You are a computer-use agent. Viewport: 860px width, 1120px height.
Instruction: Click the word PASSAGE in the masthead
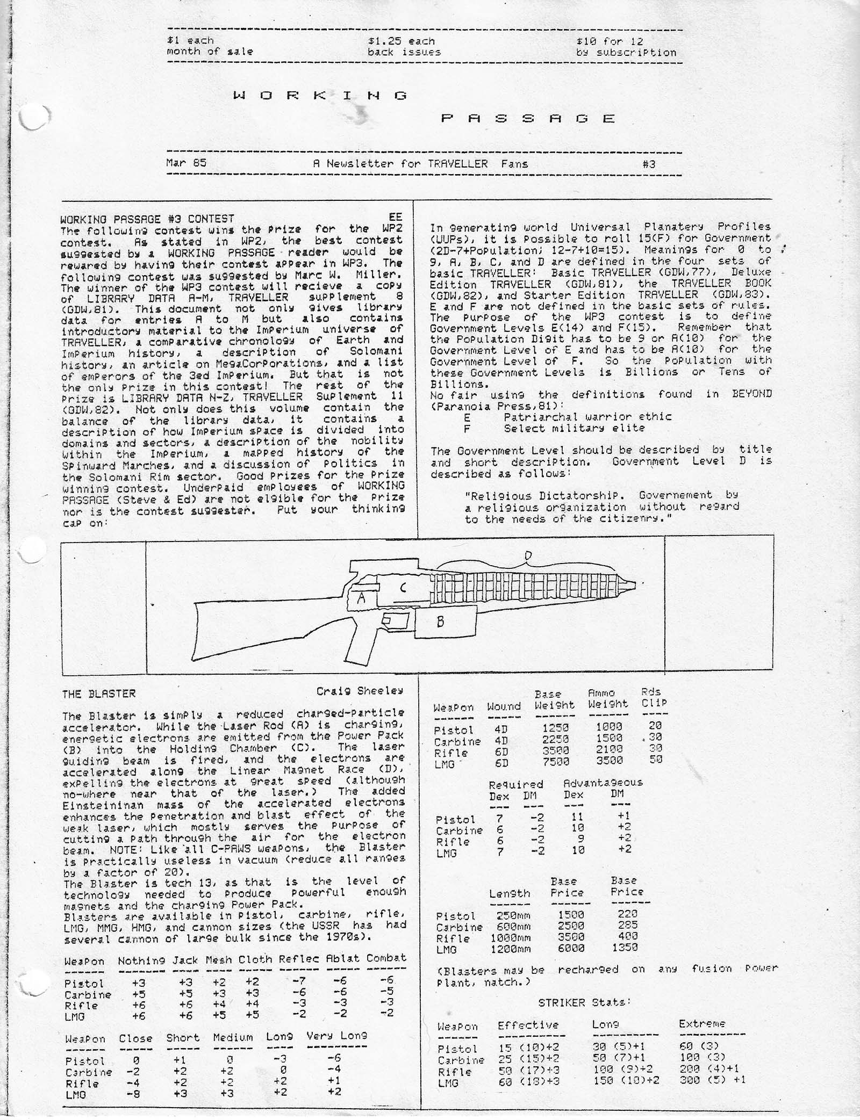[x=528, y=118]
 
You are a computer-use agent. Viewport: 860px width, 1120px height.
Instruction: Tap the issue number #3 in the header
[x=649, y=164]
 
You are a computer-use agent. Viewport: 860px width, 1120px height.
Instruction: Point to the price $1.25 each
[x=402, y=41]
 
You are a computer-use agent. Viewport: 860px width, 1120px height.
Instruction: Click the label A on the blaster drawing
[x=361, y=599]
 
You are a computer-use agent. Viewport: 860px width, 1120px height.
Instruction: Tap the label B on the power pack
[x=440, y=622]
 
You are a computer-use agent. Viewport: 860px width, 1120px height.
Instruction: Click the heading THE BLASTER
[x=99, y=693]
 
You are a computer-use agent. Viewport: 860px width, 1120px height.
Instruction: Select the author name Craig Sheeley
[x=360, y=691]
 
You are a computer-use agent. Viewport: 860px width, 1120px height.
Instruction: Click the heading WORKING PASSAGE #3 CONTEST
[x=147, y=219]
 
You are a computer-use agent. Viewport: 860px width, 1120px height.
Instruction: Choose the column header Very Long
[x=337, y=1036]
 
